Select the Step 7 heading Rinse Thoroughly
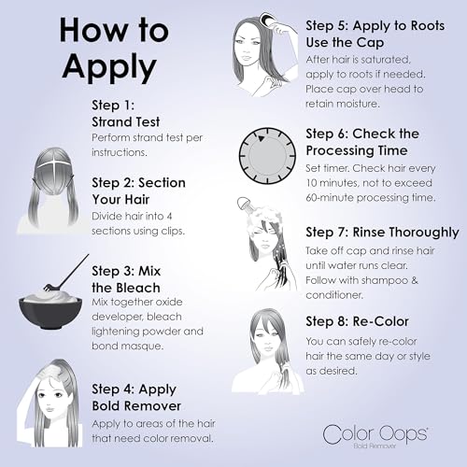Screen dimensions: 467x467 point(382,232)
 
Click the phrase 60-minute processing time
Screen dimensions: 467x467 point(369,198)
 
